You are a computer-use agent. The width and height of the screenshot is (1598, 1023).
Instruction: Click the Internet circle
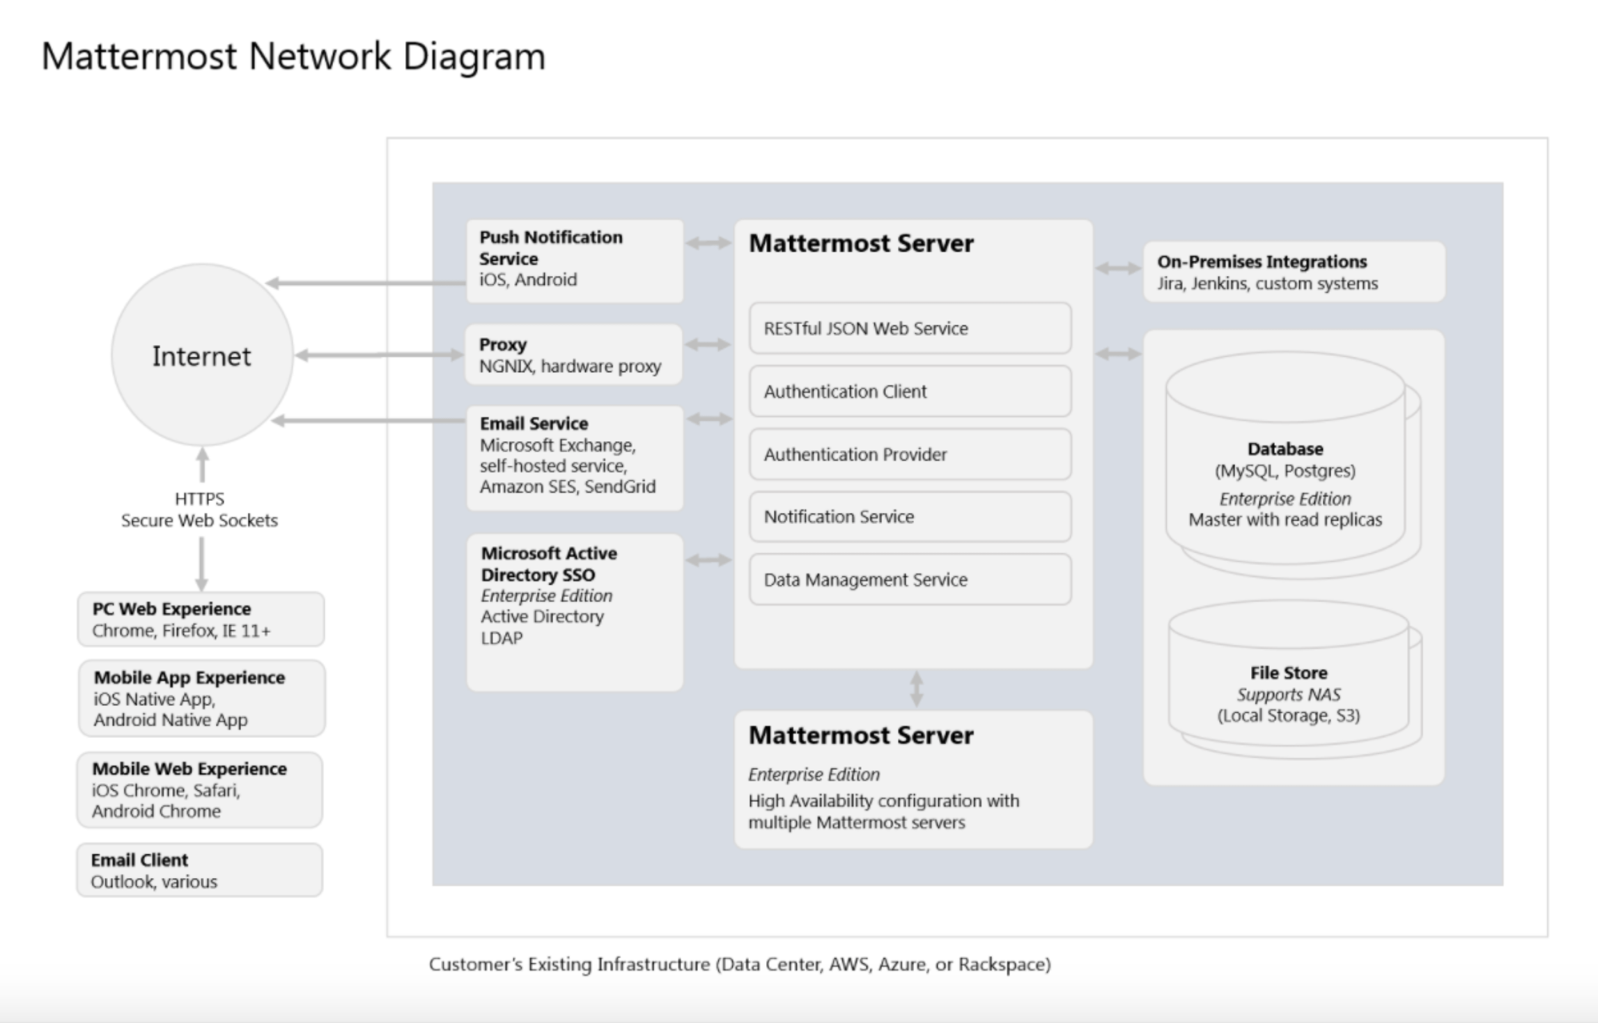(x=202, y=355)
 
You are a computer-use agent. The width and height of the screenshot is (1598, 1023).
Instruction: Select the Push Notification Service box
(x=574, y=261)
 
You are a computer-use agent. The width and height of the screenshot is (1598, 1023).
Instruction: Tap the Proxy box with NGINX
(x=573, y=355)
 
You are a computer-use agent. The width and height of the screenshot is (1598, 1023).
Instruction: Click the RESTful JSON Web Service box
(x=910, y=328)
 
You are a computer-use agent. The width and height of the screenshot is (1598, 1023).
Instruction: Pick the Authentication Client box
(x=910, y=391)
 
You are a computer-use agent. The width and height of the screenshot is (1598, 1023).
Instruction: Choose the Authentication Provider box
(x=910, y=454)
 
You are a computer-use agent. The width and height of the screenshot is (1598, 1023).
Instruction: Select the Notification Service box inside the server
(x=910, y=516)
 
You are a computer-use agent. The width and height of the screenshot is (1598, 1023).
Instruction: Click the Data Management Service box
(x=910, y=579)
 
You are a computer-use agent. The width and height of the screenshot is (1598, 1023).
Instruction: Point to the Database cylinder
(x=1286, y=474)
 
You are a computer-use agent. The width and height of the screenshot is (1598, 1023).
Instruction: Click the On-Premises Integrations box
(x=1294, y=272)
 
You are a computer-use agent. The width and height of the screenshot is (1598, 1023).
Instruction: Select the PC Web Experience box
(x=201, y=619)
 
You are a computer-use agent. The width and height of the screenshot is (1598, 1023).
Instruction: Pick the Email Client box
(x=199, y=870)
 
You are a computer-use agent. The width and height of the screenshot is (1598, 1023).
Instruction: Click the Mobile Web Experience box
(x=199, y=790)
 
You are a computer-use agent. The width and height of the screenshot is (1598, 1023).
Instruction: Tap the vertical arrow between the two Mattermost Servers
(x=917, y=689)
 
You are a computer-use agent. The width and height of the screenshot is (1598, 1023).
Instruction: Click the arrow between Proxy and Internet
(x=379, y=355)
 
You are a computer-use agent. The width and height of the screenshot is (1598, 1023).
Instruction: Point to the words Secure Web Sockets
(x=199, y=521)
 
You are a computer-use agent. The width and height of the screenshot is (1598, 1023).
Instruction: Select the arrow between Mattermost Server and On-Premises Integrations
(x=1117, y=268)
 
